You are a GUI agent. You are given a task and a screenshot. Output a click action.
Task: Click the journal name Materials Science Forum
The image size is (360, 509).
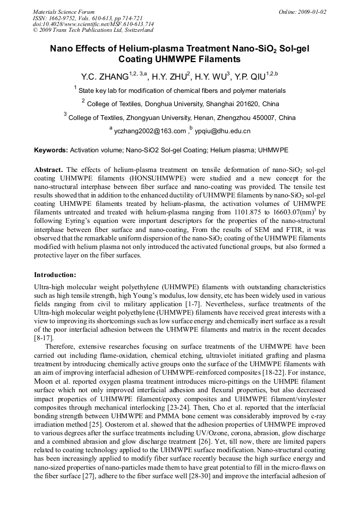click(64, 12)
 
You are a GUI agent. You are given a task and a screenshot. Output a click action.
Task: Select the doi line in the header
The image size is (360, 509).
click(93, 24)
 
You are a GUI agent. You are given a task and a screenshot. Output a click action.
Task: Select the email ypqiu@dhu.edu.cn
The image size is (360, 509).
click(222, 131)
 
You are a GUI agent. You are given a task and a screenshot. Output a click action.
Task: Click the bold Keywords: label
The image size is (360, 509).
click(51, 151)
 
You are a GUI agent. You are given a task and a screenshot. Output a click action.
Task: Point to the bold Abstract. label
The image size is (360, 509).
click(49, 170)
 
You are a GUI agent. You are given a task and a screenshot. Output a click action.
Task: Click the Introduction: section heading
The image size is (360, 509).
click(55, 275)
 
